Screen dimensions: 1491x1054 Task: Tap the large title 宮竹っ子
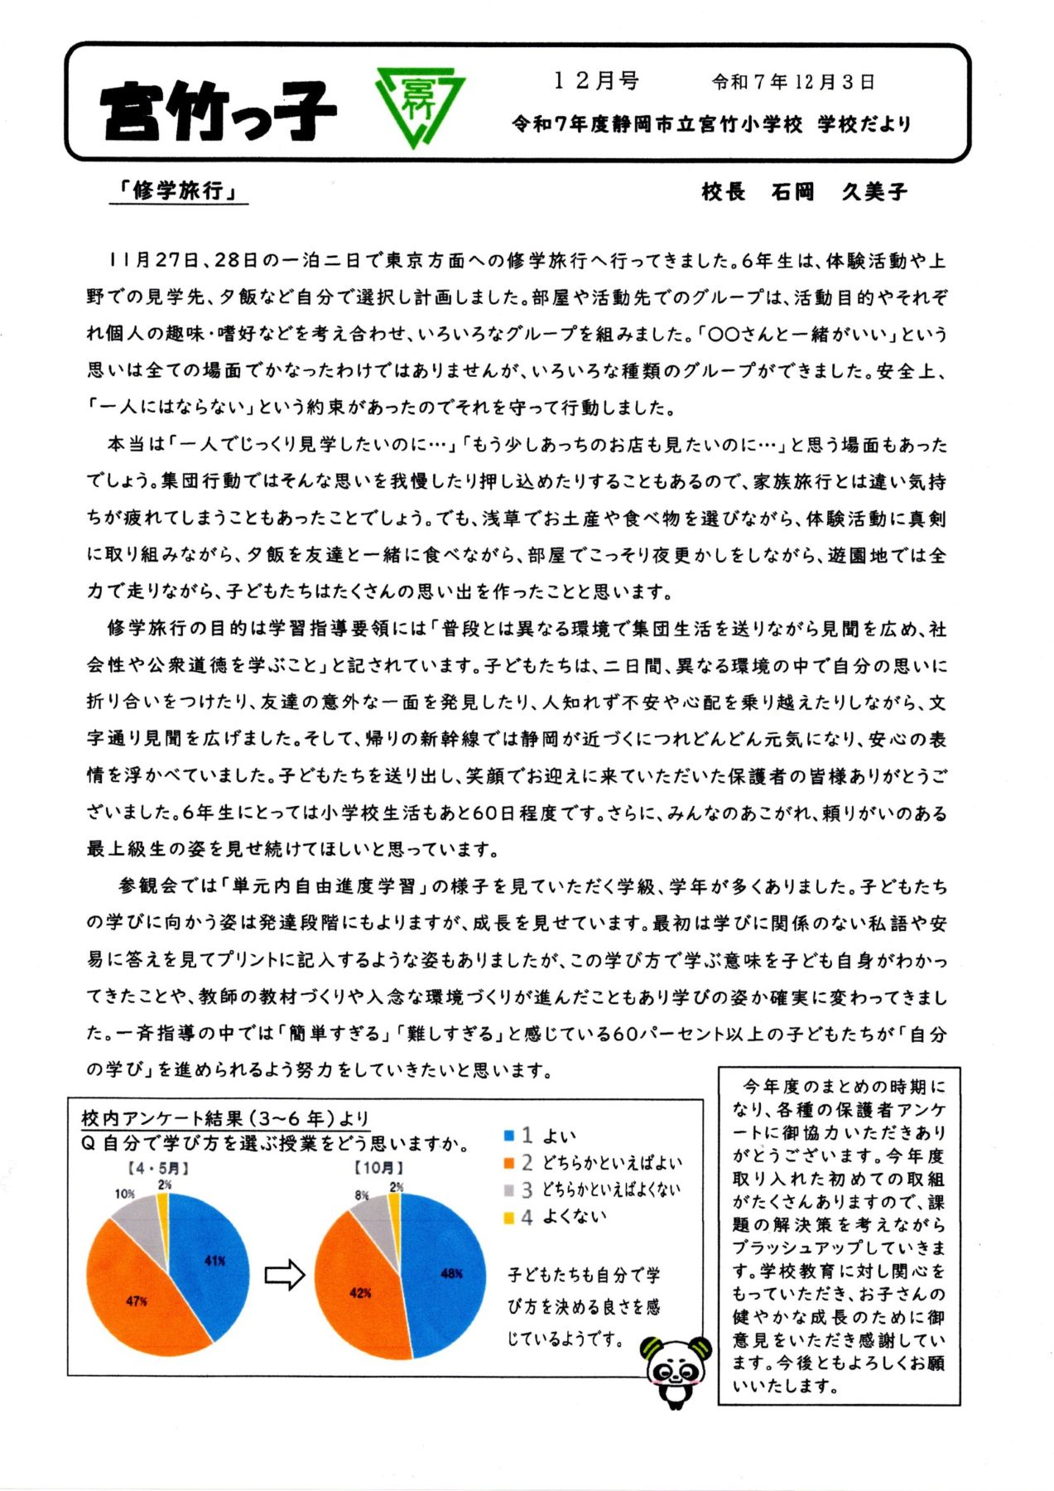[219, 111]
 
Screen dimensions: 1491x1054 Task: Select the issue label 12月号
[595, 80]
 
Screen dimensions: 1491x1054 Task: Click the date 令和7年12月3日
[792, 82]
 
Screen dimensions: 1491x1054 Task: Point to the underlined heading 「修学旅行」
[179, 191]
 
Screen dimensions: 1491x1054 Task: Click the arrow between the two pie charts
[285, 1276]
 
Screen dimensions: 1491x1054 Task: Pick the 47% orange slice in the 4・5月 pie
[137, 1300]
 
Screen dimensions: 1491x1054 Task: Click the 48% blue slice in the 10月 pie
[447, 1273]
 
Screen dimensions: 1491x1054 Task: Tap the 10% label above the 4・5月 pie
[124, 1194]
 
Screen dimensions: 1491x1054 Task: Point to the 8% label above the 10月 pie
[362, 1195]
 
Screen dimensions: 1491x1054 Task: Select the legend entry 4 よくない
[555, 1217]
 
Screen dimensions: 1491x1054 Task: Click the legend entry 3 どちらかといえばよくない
[592, 1189]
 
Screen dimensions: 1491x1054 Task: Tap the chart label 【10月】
[378, 1168]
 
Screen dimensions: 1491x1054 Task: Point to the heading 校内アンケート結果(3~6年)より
[225, 1118]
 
